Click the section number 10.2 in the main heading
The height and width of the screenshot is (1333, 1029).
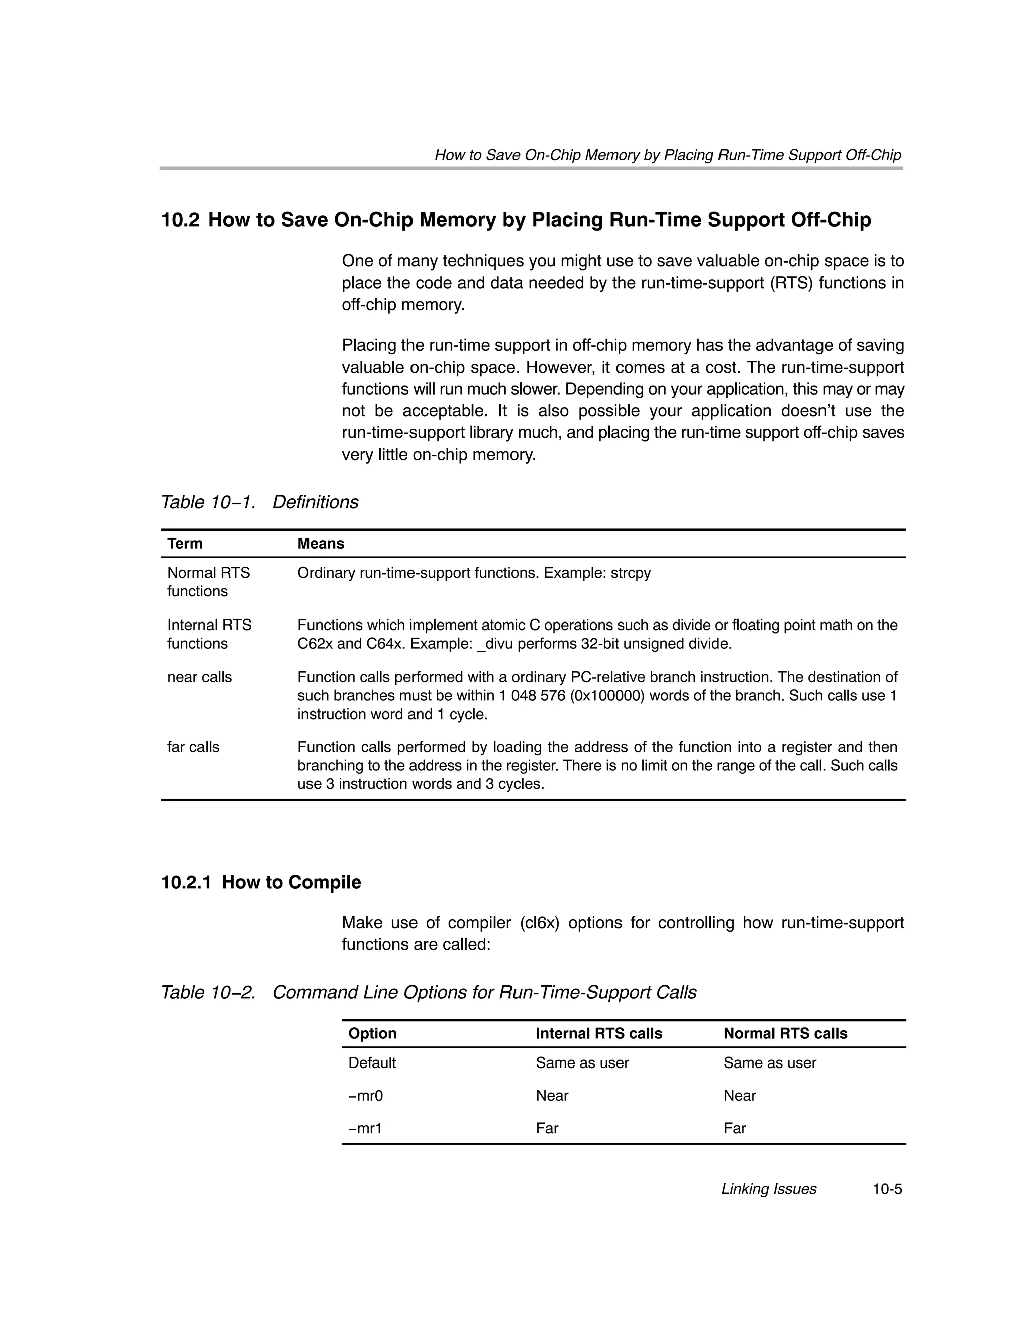(180, 220)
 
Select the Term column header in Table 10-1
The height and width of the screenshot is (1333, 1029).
(185, 543)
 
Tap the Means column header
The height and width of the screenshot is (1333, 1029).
(320, 543)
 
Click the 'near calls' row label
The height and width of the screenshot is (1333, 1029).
(199, 677)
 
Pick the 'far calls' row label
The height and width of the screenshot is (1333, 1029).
(193, 747)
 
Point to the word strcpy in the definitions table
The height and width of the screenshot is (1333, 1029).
(631, 573)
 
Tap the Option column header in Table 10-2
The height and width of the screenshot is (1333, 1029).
(372, 1033)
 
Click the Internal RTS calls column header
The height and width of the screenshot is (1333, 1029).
(598, 1033)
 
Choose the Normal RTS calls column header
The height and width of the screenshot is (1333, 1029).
(785, 1033)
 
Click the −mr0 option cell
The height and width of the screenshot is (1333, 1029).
(365, 1096)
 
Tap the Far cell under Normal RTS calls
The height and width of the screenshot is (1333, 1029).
(735, 1128)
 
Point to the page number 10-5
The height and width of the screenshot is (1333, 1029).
(887, 1188)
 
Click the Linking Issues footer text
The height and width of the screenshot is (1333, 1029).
(769, 1188)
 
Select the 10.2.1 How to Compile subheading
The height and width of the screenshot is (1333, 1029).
(261, 882)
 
